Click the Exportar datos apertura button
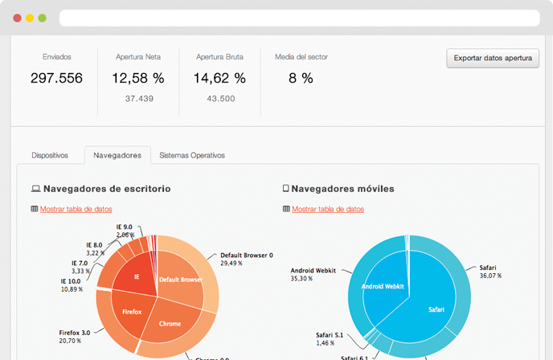click(494, 59)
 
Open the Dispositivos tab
click(50, 155)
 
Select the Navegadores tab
click(117, 155)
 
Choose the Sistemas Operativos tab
click(192, 155)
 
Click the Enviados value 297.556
click(57, 78)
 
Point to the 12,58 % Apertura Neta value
click(138, 78)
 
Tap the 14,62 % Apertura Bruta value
click(219, 78)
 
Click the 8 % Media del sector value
click(301, 78)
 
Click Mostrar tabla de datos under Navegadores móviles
click(328, 209)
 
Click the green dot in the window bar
click(42, 17)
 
